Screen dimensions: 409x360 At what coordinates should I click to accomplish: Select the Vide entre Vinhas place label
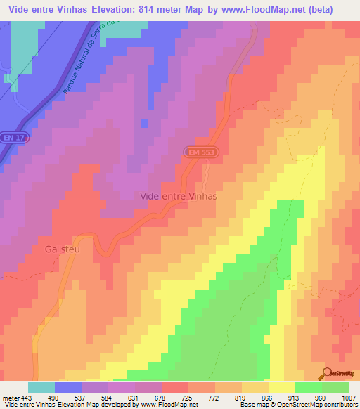(x=179, y=197)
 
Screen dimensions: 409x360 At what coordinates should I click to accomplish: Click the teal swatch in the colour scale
(x=41, y=387)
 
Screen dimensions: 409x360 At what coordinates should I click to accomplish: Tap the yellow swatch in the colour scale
(x=282, y=387)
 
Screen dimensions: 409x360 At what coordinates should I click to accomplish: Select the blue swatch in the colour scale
(x=68, y=387)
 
